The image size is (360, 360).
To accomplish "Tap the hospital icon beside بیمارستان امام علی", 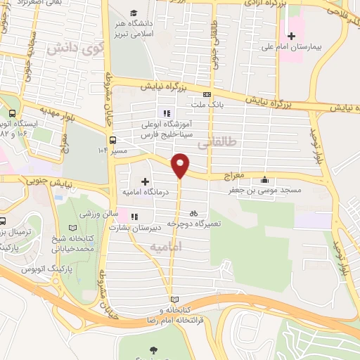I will click(x=292, y=36).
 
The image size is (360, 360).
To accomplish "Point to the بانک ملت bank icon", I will click(x=206, y=94).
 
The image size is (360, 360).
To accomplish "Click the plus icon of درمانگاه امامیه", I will click(x=145, y=181).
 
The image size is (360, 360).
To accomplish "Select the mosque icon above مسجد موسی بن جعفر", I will click(x=264, y=179).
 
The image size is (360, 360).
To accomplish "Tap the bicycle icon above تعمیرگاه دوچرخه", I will click(x=193, y=211).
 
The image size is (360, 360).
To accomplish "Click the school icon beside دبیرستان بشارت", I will click(x=134, y=216).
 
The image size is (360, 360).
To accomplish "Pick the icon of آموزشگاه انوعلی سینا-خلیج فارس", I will click(x=167, y=112).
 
